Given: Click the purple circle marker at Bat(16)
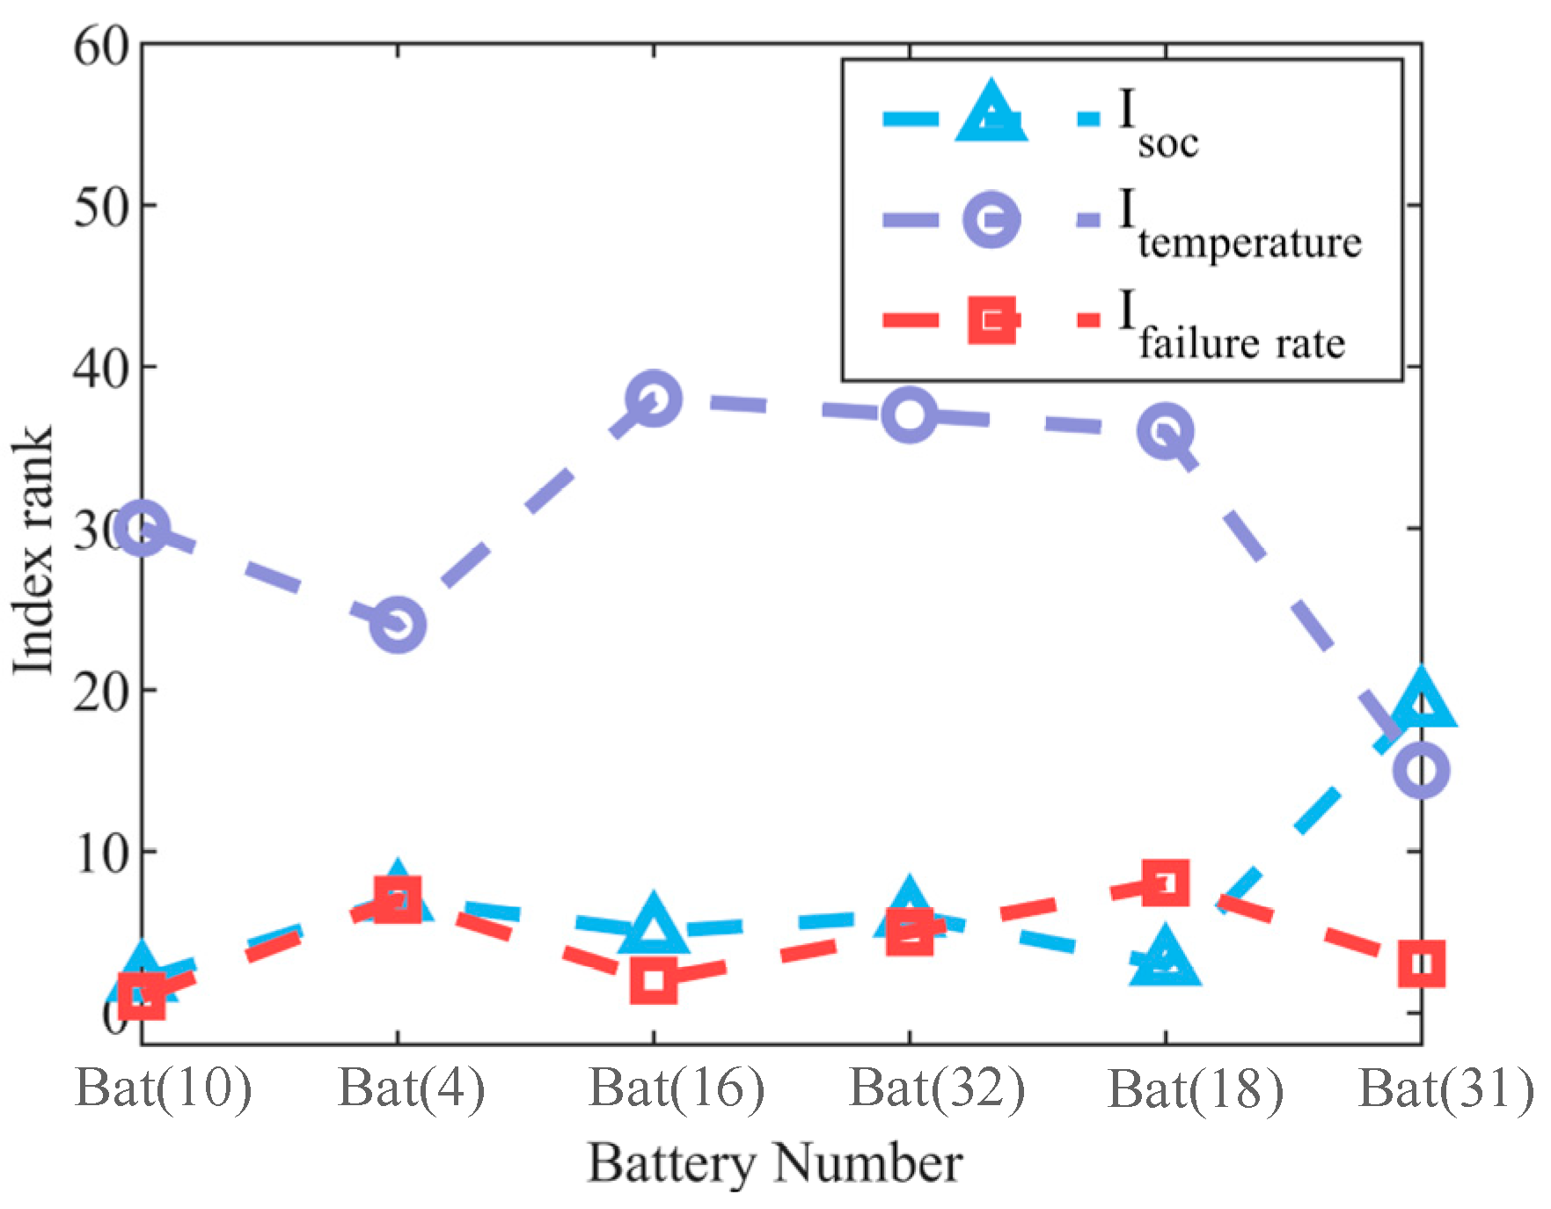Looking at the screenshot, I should [653, 399].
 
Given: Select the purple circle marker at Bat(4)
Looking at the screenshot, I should [398, 625].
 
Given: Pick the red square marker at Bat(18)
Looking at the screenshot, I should [1165, 883].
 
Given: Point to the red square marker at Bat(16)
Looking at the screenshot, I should [653, 980].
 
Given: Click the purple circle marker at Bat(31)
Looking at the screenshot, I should [1421, 771].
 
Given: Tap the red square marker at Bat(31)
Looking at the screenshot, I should [1421, 964].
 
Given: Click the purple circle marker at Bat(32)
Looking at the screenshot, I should [909, 414].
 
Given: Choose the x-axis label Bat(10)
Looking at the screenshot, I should [164, 1088].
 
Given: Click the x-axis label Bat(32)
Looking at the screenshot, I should [937, 1088].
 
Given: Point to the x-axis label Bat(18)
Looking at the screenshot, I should [1195, 1090].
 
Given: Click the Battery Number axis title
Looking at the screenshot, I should [774, 1163].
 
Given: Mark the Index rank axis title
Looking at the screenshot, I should [33, 550].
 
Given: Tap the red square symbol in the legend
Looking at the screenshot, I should [991, 319].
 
